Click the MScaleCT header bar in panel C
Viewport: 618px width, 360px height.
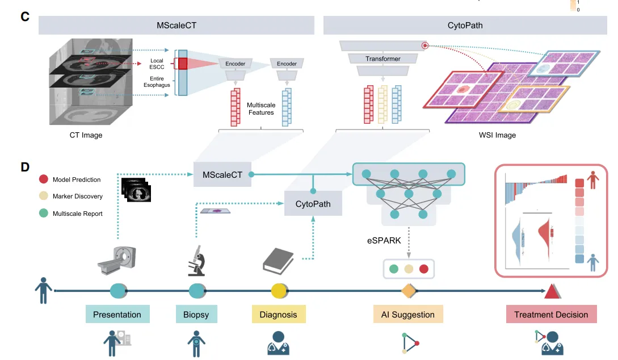[x=176, y=26]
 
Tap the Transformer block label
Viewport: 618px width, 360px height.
[x=382, y=58]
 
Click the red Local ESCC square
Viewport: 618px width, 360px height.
[x=182, y=63]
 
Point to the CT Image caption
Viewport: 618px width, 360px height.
[x=86, y=135]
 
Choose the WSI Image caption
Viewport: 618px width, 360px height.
[x=497, y=135]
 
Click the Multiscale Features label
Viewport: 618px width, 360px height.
[x=260, y=109]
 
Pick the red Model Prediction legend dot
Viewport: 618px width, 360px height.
[x=43, y=179]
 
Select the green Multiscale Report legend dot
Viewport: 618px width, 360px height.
[x=43, y=214]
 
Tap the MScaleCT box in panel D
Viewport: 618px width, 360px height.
[x=222, y=175]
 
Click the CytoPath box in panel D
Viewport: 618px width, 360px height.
[x=313, y=203]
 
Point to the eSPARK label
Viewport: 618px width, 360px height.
[x=384, y=240]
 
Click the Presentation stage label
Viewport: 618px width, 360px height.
[x=117, y=315]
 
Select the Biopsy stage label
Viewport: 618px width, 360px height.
[x=196, y=315]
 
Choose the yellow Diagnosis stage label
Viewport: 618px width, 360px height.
[x=279, y=315]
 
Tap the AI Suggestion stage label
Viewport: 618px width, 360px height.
[x=408, y=315]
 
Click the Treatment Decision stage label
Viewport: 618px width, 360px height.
[x=551, y=315]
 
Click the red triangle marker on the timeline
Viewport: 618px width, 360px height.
[x=552, y=292]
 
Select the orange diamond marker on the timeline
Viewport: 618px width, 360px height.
[x=409, y=292]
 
